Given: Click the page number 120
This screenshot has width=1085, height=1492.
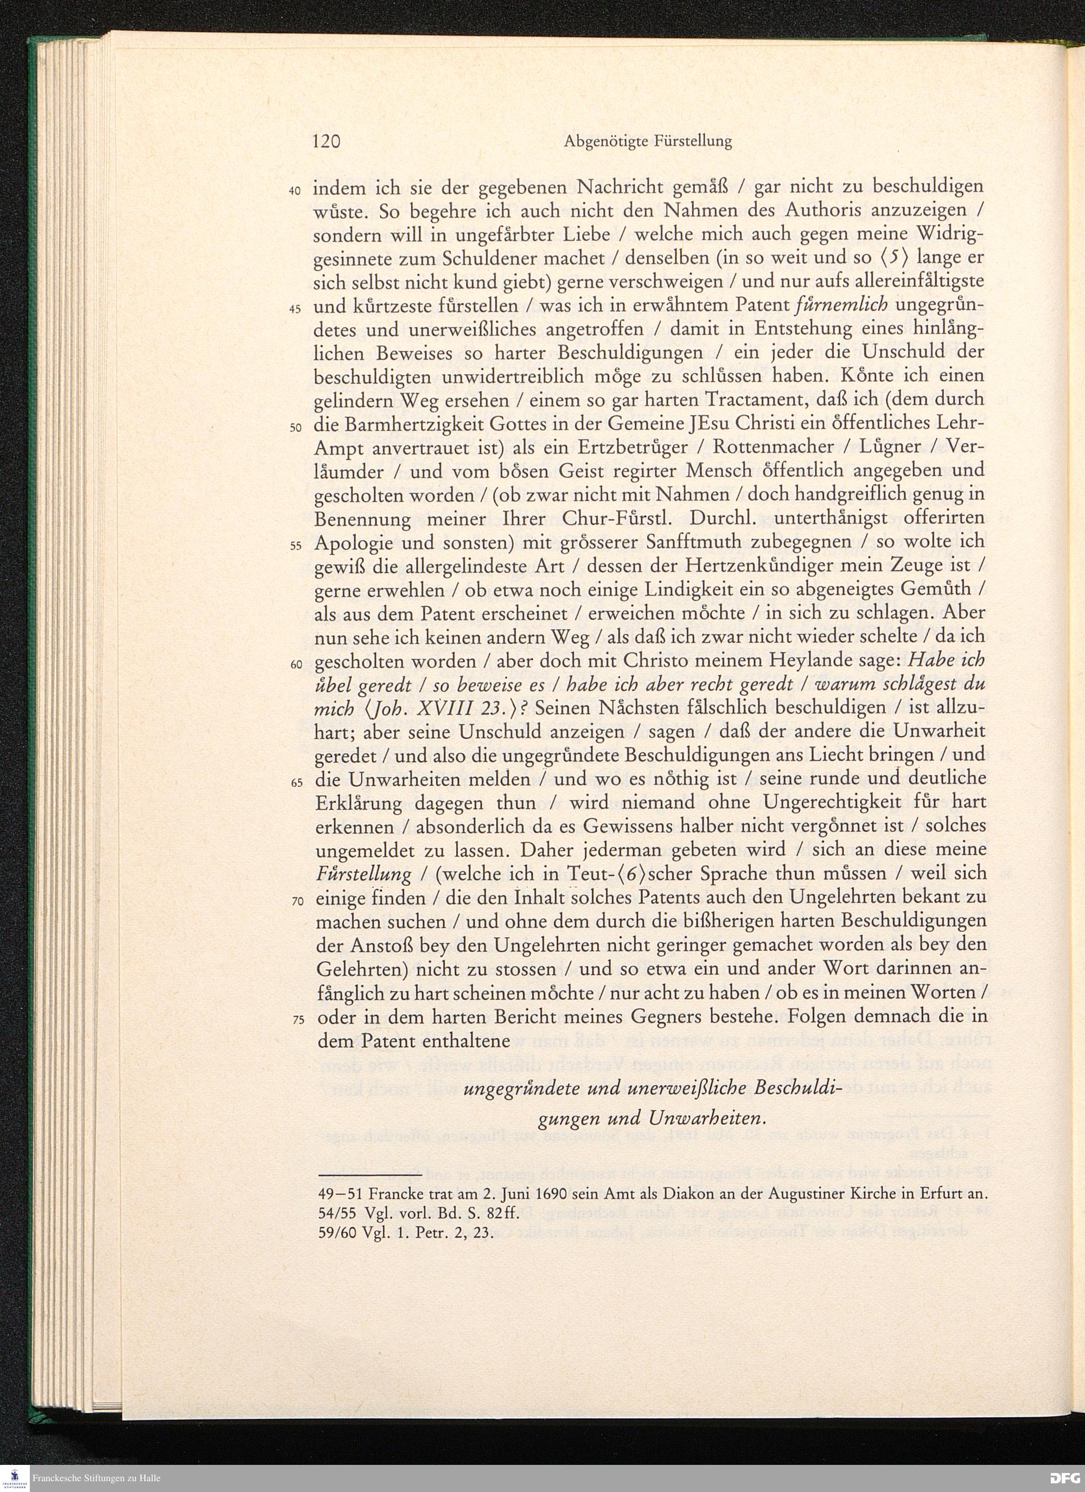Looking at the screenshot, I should coord(325,141).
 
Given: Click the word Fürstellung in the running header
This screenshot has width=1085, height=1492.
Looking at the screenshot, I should coord(694,142).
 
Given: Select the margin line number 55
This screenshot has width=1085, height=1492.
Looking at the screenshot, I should coord(296,546).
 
